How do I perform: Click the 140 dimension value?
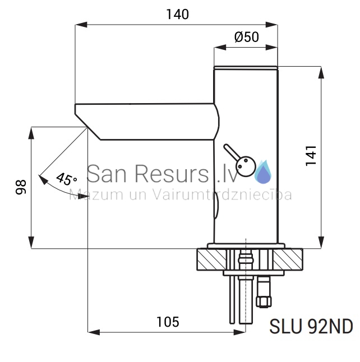(x=177, y=15)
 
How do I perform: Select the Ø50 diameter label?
(x=247, y=37)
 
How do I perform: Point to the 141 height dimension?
(x=311, y=156)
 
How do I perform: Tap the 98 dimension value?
(x=21, y=187)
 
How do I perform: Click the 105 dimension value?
(x=168, y=322)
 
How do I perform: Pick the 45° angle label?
(x=66, y=179)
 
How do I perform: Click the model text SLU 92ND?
(x=311, y=327)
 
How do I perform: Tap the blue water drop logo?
(x=263, y=172)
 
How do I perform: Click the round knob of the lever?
(x=246, y=166)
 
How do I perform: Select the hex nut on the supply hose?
(x=264, y=302)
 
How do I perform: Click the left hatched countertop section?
(x=211, y=259)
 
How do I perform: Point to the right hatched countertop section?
(x=288, y=259)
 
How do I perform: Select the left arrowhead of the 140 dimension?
(x=81, y=25)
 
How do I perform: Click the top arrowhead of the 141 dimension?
(x=321, y=72)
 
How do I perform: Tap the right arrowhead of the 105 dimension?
(x=239, y=332)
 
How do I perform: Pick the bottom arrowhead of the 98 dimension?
(x=31, y=243)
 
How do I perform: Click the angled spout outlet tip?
(x=87, y=127)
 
